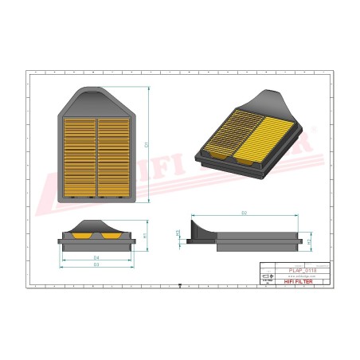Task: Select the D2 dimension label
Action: (244, 213)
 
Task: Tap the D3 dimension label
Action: (96, 264)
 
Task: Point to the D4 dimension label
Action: (96, 258)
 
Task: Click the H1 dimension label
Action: (145, 235)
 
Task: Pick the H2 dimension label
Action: (309, 241)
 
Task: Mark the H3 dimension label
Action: (178, 233)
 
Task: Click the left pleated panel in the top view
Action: (79, 156)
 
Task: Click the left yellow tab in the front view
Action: (81, 236)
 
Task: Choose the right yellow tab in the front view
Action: (109, 236)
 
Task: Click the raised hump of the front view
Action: (96, 225)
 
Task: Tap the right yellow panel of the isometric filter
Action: (256, 136)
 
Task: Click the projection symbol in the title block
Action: (268, 276)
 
